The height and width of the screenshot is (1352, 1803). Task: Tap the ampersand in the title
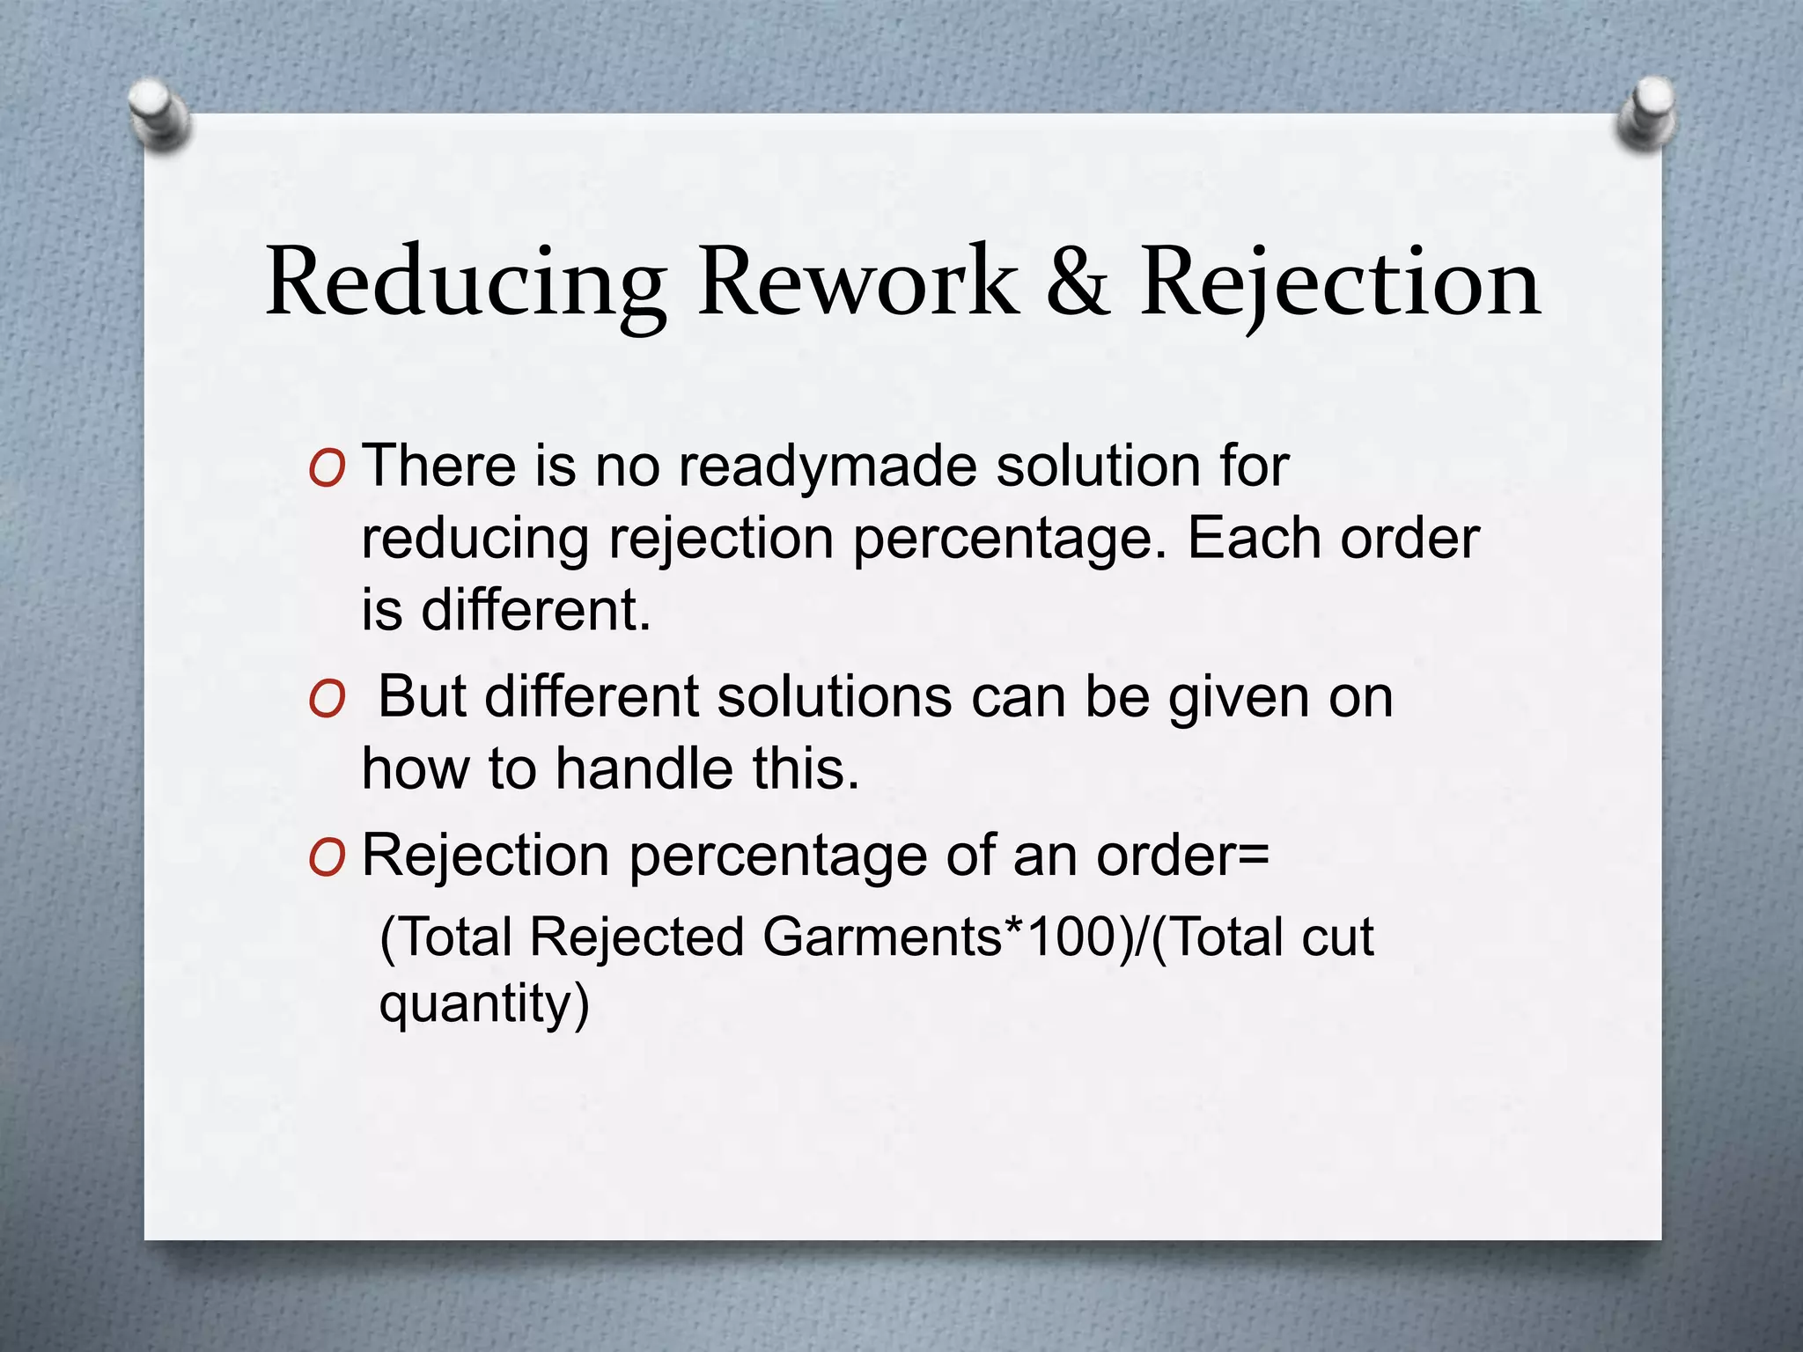1077,282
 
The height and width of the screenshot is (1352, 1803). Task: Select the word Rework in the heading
857,282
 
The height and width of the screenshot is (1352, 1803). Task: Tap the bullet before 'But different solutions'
327,702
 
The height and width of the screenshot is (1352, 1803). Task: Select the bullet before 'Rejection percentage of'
327,859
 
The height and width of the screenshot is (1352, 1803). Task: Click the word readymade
827,467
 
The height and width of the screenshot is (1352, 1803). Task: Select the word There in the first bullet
439,466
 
